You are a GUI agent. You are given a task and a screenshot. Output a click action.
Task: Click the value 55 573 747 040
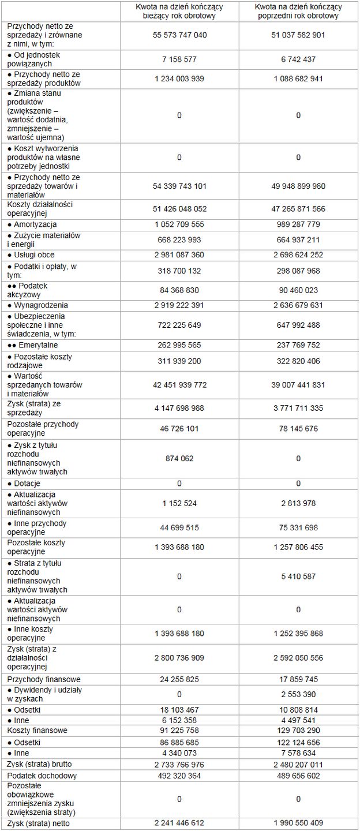179,35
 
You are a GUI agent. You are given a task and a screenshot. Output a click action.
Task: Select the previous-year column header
298,11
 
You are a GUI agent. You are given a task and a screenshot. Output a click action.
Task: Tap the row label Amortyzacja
35,224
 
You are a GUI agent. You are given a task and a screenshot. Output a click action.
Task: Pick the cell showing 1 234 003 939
179,78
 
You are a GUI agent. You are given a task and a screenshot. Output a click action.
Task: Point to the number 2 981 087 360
179,255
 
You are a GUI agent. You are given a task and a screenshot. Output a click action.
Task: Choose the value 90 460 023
298,290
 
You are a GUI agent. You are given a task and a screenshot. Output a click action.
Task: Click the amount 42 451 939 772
179,385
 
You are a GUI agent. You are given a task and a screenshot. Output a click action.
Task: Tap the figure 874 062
179,459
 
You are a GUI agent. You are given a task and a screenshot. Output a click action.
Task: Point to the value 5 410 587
298,577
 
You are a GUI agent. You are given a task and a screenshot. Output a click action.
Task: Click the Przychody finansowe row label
44,680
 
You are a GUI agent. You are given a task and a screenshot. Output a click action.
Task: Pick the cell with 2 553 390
298,694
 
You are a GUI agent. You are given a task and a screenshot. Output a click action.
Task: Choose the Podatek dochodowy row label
42,776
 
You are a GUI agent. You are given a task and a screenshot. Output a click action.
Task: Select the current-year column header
179,11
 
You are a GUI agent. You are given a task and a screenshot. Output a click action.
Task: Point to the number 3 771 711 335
298,409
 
